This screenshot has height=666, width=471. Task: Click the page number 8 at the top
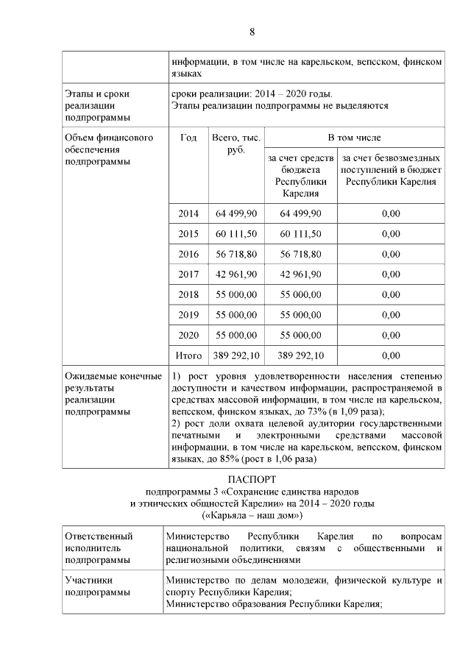coord(252,32)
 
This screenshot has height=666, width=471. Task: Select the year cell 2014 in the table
coord(188,213)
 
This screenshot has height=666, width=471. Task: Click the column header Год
coord(188,138)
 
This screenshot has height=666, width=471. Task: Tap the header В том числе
coord(354,138)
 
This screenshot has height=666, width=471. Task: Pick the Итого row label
coord(188,355)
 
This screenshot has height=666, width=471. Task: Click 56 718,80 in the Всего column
coord(236,254)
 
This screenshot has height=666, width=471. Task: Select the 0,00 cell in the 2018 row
coord(391,294)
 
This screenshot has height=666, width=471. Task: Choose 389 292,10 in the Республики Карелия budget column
coord(300,355)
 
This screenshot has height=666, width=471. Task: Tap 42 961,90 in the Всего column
coord(236,274)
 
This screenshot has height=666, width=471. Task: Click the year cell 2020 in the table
coord(188,335)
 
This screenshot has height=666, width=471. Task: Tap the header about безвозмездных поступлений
coord(391,169)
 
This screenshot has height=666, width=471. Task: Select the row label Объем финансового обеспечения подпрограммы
coord(99,149)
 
